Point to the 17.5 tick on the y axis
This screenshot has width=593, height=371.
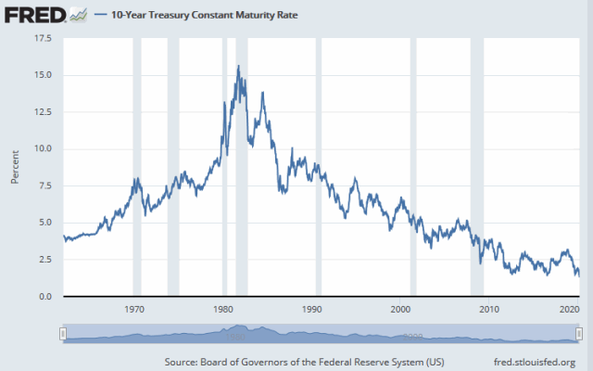(x=44, y=39)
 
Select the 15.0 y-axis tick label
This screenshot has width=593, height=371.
(x=44, y=75)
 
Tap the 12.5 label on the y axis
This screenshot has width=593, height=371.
(x=44, y=112)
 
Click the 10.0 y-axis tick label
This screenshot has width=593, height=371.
(x=44, y=149)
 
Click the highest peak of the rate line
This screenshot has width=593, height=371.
(x=239, y=66)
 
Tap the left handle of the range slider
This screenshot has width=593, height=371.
(x=63, y=334)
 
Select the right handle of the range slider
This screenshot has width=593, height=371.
(x=580, y=334)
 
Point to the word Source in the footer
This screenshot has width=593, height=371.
(x=181, y=362)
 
